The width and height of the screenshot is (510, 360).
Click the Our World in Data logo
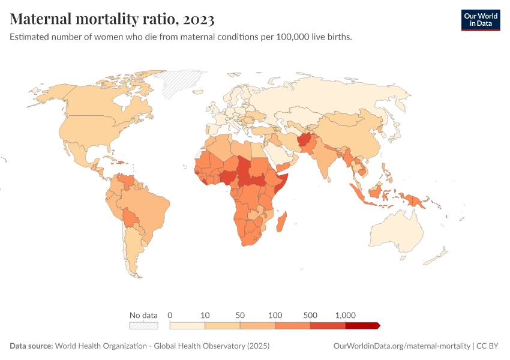tap(480, 19)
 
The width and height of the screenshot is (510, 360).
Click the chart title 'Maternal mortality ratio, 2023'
tap(112, 19)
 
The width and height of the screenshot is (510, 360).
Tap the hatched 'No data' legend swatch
tap(143, 325)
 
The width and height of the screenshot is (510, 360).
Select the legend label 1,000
tap(346, 315)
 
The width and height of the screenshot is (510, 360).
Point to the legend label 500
tap(310, 315)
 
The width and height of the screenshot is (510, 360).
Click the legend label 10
tap(205, 315)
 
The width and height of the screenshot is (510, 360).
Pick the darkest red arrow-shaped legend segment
tap(362, 325)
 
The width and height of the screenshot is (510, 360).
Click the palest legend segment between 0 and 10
tap(187, 325)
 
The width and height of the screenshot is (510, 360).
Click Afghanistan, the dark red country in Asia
tap(304, 140)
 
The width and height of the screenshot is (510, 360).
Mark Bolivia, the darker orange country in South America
tap(130, 217)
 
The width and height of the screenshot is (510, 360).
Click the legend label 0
tap(170, 315)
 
